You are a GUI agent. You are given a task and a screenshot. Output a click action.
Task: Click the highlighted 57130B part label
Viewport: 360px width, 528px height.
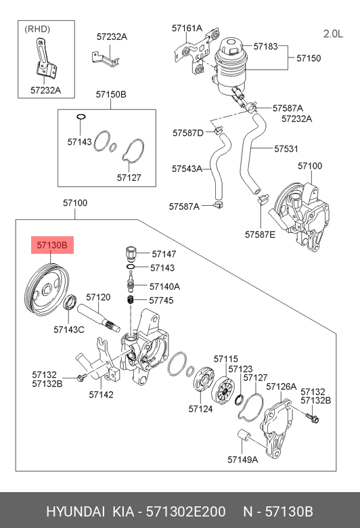tap(52, 245)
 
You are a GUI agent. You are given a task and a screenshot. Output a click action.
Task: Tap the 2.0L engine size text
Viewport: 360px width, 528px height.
tap(333, 34)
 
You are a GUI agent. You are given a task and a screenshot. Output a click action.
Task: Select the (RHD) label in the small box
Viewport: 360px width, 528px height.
tap(37, 29)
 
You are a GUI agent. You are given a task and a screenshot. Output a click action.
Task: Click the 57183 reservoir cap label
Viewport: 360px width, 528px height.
tap(265, 46)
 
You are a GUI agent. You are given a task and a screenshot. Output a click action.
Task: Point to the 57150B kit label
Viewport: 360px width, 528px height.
tap(111, 94)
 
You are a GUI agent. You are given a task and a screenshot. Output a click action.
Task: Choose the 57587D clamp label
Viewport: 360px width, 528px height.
tap(188, 133)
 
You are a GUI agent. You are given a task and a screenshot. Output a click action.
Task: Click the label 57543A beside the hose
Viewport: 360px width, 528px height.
tap(187, 169)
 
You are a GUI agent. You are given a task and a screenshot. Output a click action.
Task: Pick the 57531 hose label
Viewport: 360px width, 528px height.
tap(286, 148)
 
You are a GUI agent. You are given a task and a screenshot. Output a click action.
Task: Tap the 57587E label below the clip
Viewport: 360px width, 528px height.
tap(260, 234)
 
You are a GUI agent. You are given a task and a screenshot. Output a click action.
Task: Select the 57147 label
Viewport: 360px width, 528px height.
tap(164, 254)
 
